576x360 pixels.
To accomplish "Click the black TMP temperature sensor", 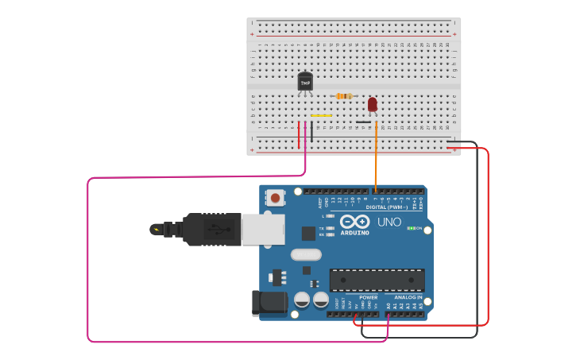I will coord(305,82).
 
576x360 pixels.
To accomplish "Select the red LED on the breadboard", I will coord(372,104).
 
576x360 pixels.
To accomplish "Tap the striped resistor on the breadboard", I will coord(344,96).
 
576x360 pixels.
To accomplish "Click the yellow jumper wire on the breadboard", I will coord(321,115).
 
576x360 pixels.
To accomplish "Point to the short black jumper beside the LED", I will coord(363,122).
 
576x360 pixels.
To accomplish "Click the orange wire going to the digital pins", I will coord(376,159).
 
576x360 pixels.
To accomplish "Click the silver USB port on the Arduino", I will coord(262,230).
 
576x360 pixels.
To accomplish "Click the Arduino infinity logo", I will coord(355,222).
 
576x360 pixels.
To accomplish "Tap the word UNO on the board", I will coord(389,222).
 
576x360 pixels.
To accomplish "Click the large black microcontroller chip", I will coord(377,280).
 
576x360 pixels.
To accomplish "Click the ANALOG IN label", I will coord(408,297).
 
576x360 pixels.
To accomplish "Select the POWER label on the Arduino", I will coord(368,297).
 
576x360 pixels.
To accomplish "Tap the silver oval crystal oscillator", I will coord(306,255).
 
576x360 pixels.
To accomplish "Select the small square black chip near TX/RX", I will coord(308,234).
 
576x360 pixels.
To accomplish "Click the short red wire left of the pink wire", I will coord(299,135).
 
